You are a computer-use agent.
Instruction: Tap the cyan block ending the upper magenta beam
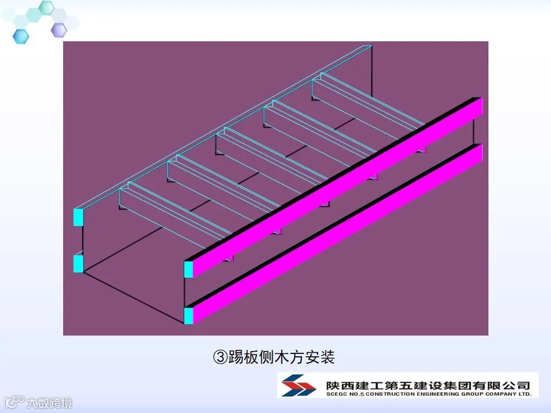click(188, 269)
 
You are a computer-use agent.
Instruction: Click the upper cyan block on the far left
click(79, 216)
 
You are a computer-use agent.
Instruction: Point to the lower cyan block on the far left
click(79, 263)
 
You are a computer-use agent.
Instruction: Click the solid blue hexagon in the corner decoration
click(21, 36)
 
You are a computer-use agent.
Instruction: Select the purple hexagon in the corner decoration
click(59, 30)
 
